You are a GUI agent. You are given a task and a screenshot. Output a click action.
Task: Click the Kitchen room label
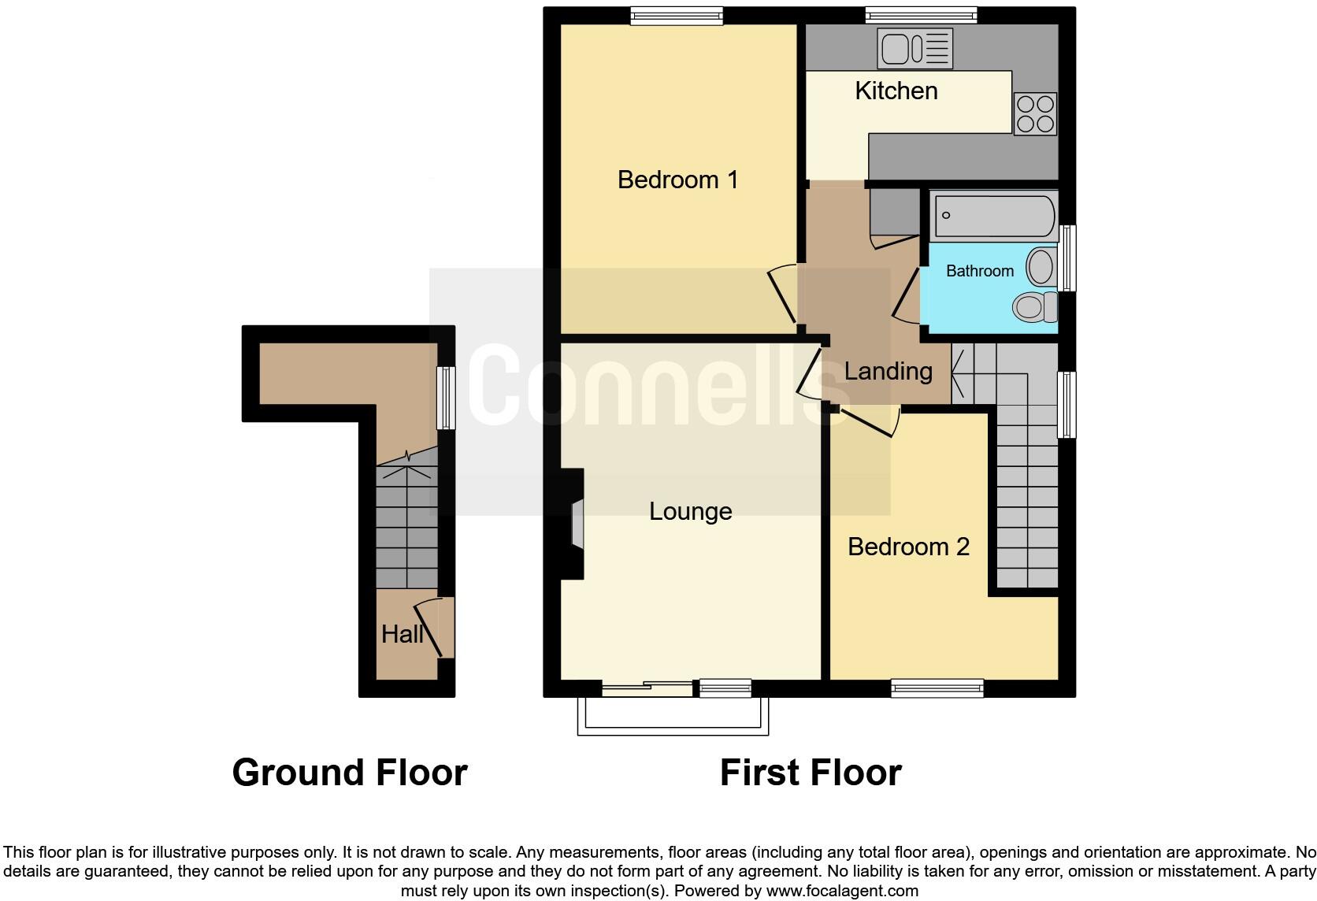click(x=896, y=91)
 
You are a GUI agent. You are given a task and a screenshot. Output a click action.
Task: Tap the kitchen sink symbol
click(x=914, y=49)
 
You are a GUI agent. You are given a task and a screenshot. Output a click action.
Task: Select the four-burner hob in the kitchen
click(x=1035, y=114)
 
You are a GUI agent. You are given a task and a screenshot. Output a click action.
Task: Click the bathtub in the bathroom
click(x=993, y=216)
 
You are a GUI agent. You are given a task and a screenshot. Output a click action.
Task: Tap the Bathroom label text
click(x=980, y=271)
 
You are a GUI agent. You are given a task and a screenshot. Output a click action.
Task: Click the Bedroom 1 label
click(x=677, y=180)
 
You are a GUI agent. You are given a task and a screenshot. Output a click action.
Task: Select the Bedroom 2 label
click(x=908, y=547)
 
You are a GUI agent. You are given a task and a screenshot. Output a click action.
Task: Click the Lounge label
click(x=690, y=511)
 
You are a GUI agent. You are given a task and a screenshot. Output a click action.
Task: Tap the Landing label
click(x=888, y=372)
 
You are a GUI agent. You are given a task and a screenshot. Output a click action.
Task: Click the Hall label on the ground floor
click(x=403, y=634)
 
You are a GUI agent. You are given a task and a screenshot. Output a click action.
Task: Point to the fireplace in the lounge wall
click(x=571, y=524)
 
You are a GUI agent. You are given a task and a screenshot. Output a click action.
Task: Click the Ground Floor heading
click(x=350, y=773)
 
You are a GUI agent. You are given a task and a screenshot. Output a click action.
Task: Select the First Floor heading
click(x=811, y=773)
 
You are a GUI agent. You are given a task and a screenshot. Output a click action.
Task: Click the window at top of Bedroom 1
click(x=676, y=16)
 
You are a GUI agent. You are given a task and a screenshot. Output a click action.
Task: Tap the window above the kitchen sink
click(x=922, y=15)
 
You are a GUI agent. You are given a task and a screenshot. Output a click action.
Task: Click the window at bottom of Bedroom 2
click(x=937, y=688)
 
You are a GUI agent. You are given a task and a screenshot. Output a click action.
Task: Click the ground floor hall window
click(x=447, y=398)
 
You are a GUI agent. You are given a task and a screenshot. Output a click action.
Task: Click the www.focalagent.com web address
click(x=842, y=891)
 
